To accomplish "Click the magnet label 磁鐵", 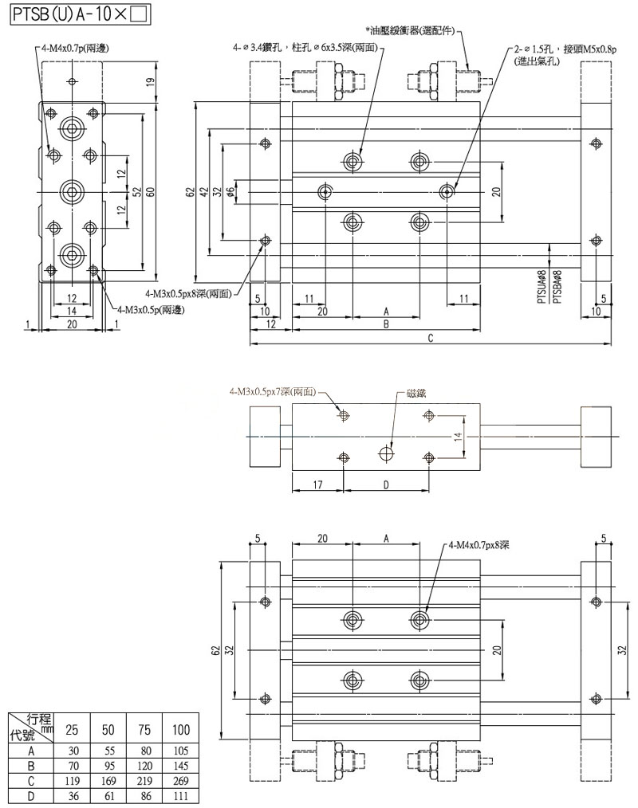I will pos(417,394).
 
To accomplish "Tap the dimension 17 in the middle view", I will pos(317,484).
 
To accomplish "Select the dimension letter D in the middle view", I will pos(386,484).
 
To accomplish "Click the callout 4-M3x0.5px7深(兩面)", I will pos(272,392).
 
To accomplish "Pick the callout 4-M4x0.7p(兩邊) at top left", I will pos(77,49).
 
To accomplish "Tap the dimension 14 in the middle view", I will pos(458,437).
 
